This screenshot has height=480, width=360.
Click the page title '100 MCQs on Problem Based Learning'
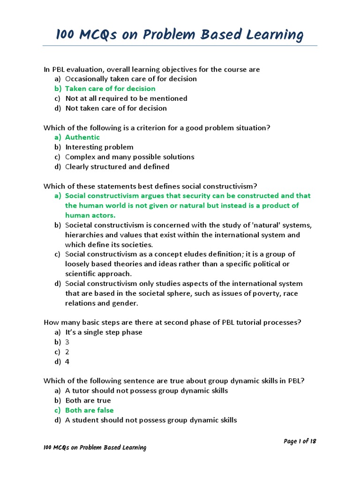point(180,35)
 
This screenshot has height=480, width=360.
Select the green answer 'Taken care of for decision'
point(110,89)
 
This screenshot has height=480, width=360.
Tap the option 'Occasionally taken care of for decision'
point(131,79)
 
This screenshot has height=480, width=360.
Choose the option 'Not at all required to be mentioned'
point(126,98)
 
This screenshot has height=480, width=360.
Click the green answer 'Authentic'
point(82,137)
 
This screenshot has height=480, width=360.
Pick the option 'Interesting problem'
point(99,147)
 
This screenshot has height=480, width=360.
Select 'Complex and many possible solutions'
point(129,157)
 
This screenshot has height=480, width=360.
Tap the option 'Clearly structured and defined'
point(117,167)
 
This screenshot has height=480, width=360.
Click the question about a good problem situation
point(157,127)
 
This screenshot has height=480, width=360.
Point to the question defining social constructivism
point(150,186)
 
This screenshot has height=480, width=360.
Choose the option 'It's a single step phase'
point(104,332)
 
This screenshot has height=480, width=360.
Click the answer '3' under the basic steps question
point(67,342)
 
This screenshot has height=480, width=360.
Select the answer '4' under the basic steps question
point(67,362)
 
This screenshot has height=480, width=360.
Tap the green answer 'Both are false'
point(89,411)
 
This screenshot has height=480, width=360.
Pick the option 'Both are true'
point(88,401)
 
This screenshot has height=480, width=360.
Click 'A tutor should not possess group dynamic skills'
point(147,391)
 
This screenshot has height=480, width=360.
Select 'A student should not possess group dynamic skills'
point(151,420)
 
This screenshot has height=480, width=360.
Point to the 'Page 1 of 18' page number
point(300,441)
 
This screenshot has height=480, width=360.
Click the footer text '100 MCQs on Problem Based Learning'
point(95,448)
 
